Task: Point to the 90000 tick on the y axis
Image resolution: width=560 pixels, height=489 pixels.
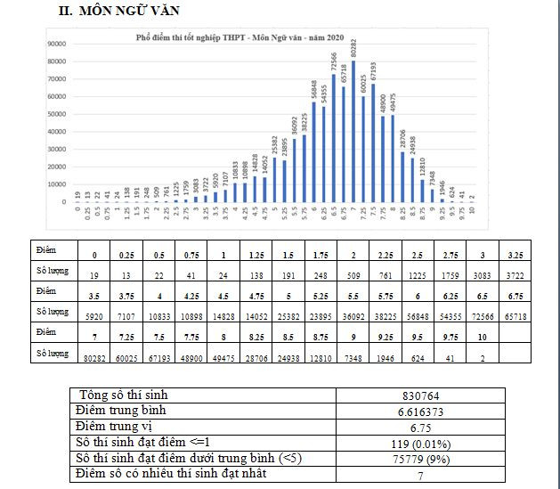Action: click(57, 44)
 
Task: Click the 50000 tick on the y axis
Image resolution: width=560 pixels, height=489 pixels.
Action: click(57, 114)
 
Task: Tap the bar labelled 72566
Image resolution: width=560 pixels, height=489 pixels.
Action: click(334, 138)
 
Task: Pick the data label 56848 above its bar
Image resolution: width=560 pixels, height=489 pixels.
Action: click(313, 89)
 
